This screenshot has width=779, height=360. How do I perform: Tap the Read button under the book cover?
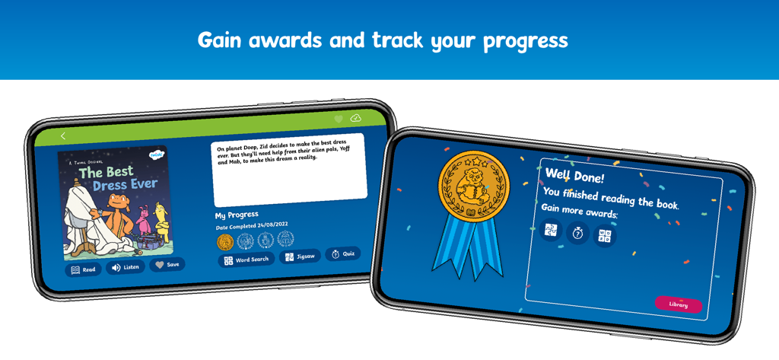83,269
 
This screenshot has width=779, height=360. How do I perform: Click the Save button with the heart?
167,265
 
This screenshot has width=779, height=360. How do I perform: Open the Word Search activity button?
246,260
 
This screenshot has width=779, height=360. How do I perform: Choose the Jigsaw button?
300,256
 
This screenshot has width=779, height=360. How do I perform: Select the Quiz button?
343,254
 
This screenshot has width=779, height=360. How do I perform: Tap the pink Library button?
678,304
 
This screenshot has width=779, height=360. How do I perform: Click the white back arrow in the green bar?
63,136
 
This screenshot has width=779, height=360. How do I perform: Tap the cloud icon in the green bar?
355,119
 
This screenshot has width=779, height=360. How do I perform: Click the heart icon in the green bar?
339,119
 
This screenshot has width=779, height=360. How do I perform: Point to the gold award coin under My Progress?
225,242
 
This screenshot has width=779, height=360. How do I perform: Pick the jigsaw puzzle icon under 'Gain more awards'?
551,229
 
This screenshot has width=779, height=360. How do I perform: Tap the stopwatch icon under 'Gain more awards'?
577,233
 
